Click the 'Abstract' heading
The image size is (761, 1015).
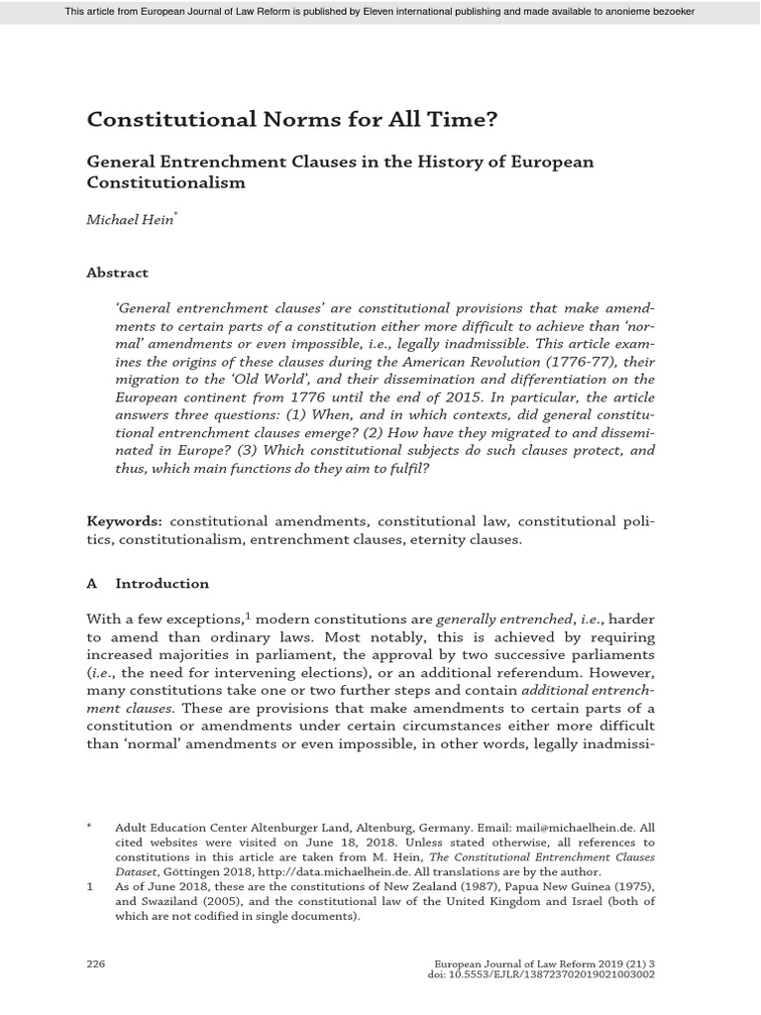click(x=117, y=273)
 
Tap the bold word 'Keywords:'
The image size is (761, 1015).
click(x=125, y=520)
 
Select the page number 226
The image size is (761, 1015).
click(x=96, y=962)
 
